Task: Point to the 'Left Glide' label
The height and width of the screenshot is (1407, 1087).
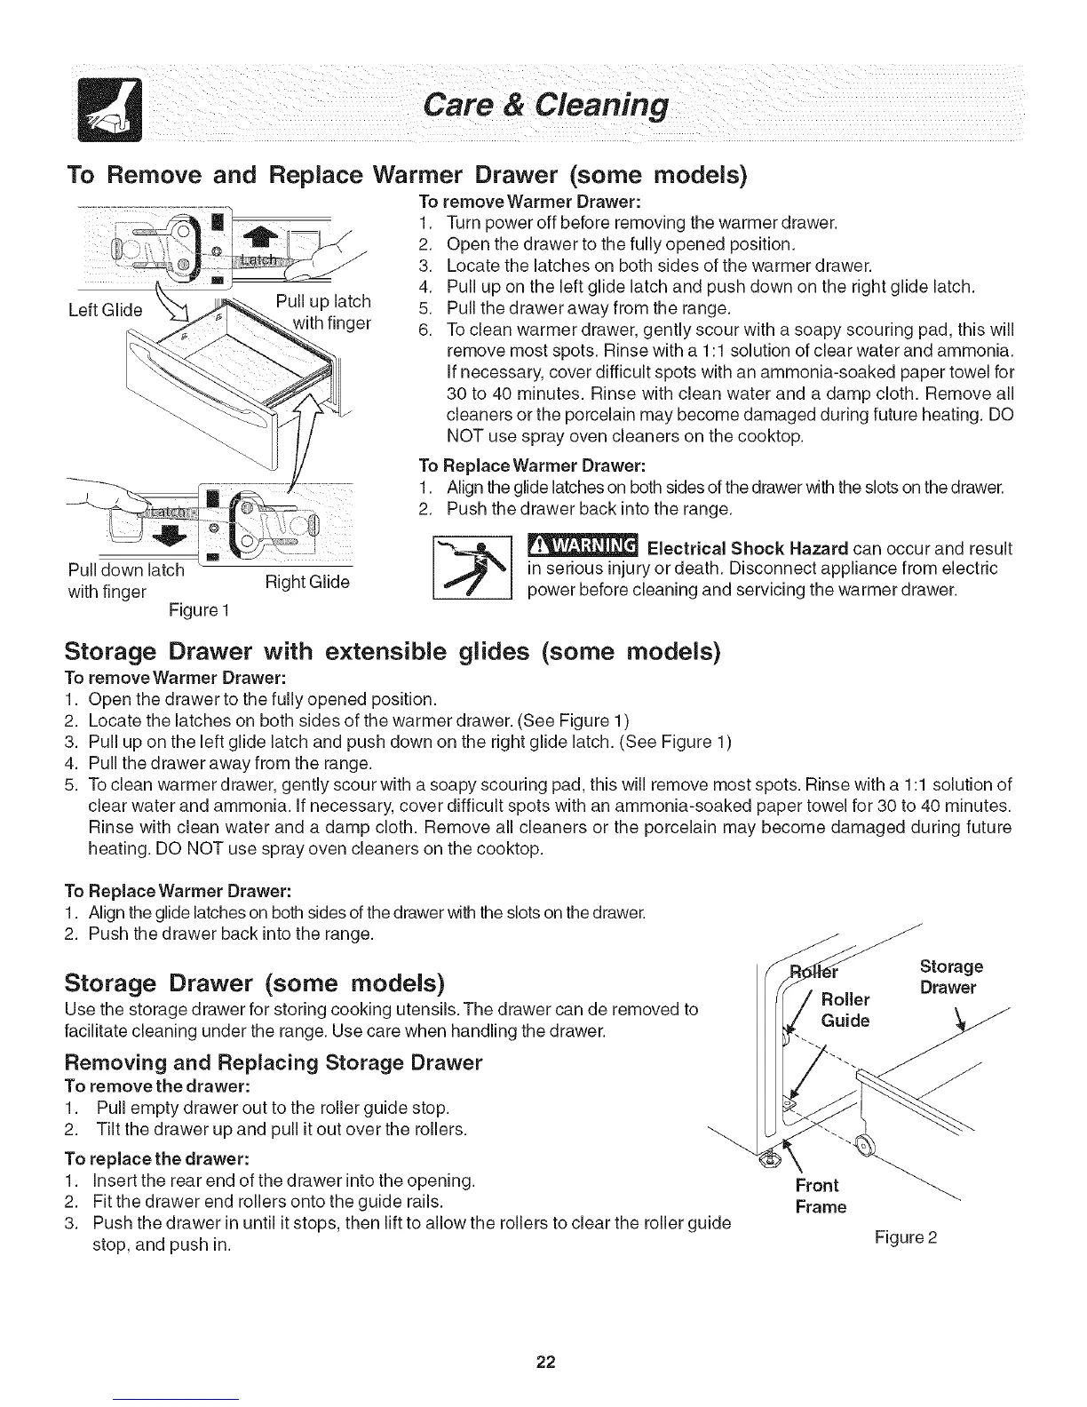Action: click(x=105, y=310)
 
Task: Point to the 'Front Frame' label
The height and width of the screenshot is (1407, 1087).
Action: click(x=821, y=1196)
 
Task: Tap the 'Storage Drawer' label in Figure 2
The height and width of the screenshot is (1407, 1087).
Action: click(x=948, y=977)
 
